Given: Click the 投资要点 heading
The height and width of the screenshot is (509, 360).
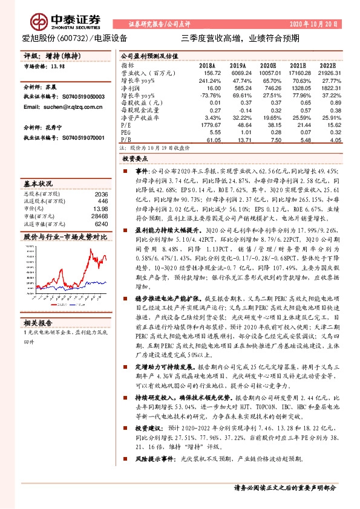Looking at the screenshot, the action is click(x=134, y=158).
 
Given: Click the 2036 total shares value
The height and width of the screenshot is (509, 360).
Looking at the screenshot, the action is click(x=100, y=193).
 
